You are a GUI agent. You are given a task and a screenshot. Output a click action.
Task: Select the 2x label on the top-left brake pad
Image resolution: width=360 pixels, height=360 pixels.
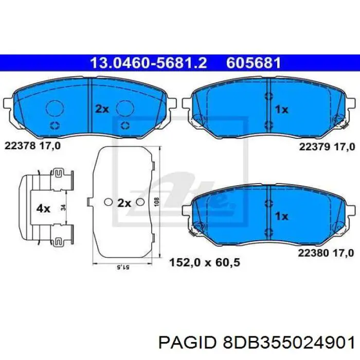pos(102,109)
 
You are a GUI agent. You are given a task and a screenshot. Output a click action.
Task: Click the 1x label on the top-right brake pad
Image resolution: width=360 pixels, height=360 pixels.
pos(281,109)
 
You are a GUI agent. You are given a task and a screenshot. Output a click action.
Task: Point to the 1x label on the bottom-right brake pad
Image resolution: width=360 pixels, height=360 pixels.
pos(281,217)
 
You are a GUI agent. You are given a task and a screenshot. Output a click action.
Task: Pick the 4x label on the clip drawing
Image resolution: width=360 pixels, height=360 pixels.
pos(43,209)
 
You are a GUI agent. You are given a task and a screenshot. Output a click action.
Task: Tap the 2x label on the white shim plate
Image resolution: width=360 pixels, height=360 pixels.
pos(124,203)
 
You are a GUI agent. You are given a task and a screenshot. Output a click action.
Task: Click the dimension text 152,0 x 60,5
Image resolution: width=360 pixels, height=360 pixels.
pos(205,263)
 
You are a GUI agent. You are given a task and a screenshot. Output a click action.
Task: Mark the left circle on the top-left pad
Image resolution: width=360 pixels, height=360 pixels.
pos(54,108)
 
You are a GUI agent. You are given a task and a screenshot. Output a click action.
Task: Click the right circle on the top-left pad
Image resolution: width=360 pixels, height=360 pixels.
pos(125,108)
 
